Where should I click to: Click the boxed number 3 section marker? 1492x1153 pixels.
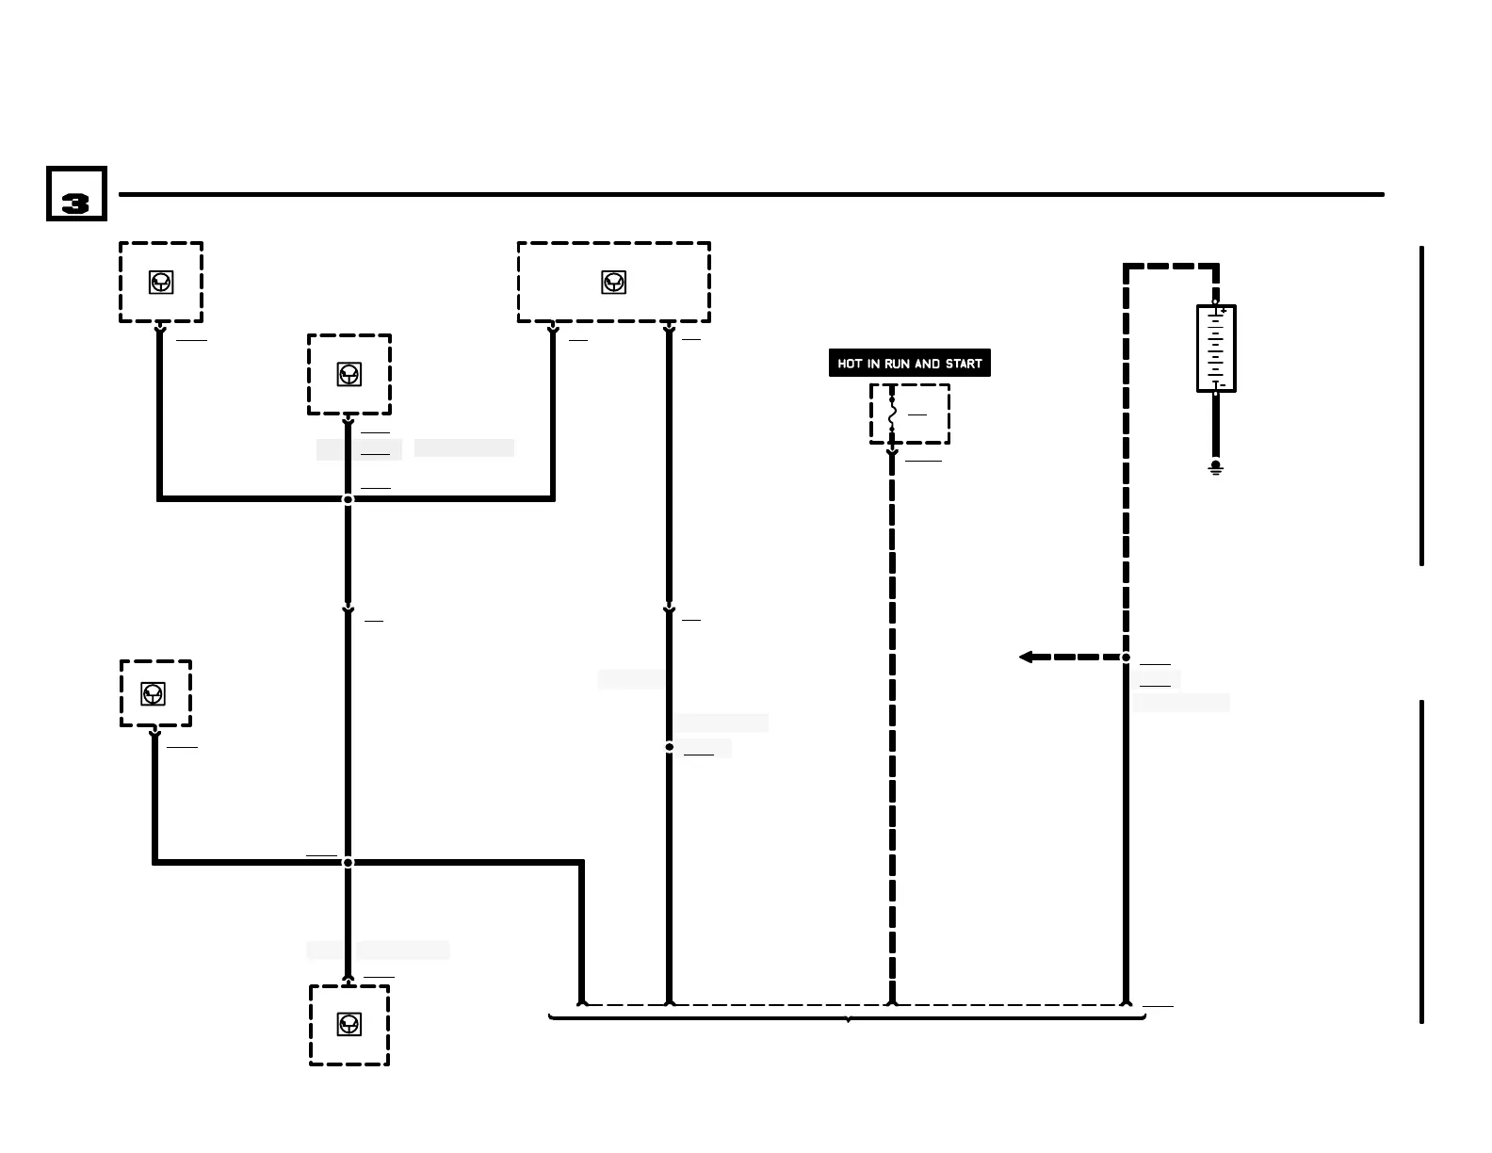[76, 195]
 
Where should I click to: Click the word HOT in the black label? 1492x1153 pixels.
[851, 364]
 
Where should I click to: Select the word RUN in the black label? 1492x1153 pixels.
[898, 364]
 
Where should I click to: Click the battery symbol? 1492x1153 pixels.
[1216, 349]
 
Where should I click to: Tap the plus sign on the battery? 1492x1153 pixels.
[1223, 311]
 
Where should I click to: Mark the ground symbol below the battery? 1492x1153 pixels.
[1216, 467]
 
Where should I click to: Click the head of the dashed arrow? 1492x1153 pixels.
[1026, 657]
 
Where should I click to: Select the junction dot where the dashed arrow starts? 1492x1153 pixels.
[1126, 657]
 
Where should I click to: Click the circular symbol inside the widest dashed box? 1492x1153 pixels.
[613, 282]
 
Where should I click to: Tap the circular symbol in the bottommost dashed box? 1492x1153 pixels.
[349, 1024]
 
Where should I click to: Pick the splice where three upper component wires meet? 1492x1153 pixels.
[348, 498]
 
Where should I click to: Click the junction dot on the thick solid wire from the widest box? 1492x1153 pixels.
[669, 747]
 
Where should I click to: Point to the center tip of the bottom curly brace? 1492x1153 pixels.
[848, 1020]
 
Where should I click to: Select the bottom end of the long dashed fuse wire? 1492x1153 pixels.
[892, 1002]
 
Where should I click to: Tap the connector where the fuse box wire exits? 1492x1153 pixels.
[892, 453]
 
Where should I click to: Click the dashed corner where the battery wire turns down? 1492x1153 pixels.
[1127, 268]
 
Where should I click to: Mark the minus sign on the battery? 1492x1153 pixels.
[1223, 385]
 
